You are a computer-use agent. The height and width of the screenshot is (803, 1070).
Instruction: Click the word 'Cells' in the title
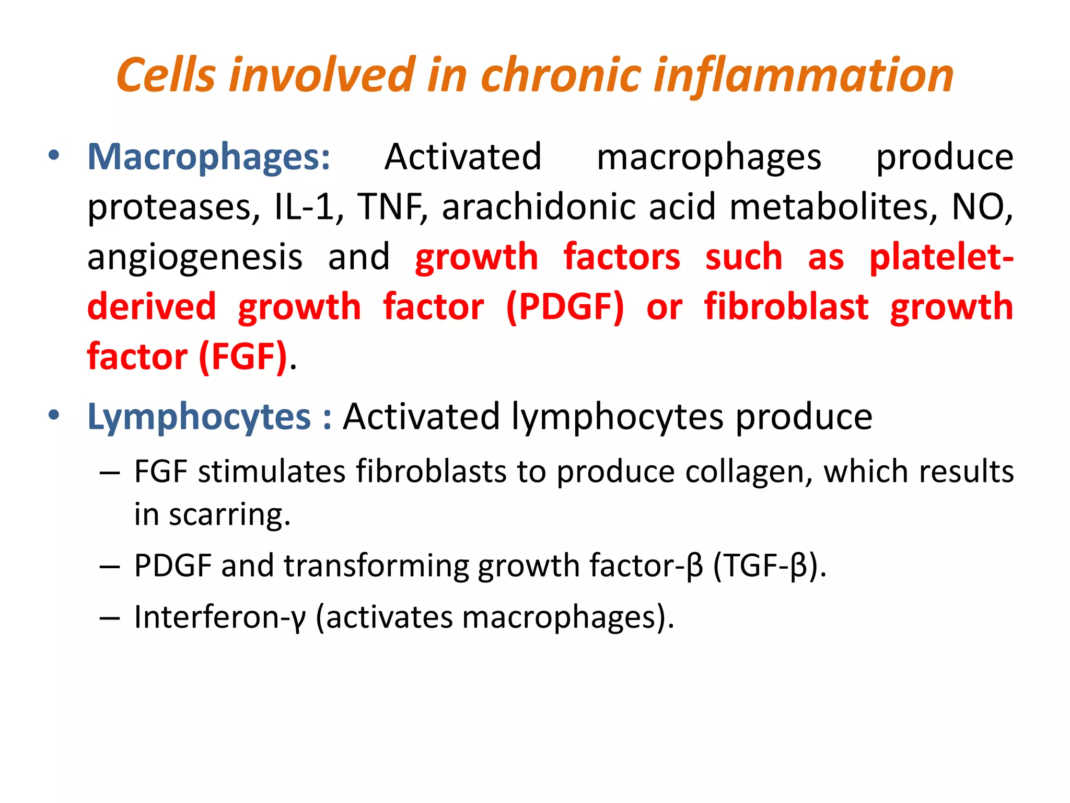click(x=166, y=75)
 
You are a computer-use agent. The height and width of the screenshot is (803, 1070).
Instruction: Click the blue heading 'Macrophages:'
click(x=209, y=157)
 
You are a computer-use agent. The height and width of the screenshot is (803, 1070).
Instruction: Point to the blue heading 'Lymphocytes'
click(x=199, y=418)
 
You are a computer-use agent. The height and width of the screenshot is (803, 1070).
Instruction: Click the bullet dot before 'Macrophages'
click(x=53, y=155)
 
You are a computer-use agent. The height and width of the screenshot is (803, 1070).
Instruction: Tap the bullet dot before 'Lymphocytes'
click(x=53, y=416)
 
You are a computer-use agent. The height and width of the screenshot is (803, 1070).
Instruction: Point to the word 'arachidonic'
click(x=539, y=207)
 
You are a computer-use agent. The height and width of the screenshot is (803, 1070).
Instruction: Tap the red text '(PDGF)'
click(x=565, y=307)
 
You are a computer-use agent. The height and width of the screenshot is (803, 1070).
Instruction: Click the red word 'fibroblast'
click(x=786, y=307)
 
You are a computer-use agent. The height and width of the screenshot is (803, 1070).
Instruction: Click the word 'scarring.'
click(x=229, y=515)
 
